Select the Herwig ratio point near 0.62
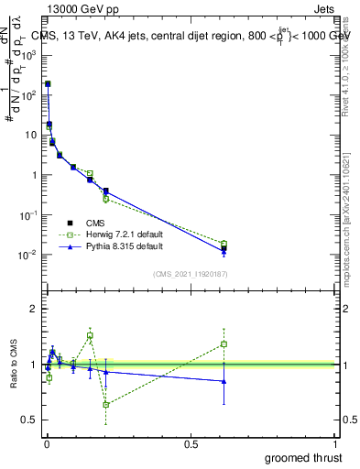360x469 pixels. pyautogui.click(x=224, y=344)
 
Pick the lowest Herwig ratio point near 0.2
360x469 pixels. pyautogui.click(x=106, y=404)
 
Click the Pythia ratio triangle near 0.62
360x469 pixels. pyautogui.click(x=224, y=381)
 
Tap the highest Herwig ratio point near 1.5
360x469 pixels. pyautogui.click(x=90, y=335)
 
